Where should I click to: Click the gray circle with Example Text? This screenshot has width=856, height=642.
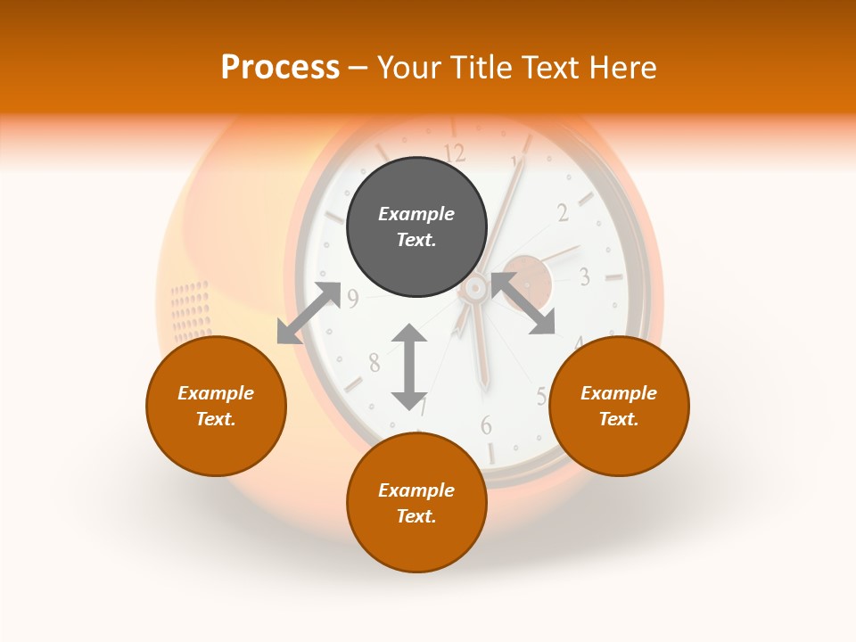pyautogui.click(x=416, y=226)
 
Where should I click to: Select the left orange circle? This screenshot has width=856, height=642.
pyautogui.click(x=216, y=406)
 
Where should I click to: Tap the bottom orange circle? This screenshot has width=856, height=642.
pyautogui.click(x=416, y=502)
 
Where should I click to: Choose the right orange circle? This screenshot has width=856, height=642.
pyautogui.click(x=619, y=406)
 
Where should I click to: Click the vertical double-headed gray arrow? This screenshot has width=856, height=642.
pyautogui.click(x=409, y=366)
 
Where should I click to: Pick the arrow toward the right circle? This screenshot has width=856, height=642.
pyautogui.click(x=523, y=304)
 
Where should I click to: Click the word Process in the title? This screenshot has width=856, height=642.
pyautogui.click(x=280, y=67)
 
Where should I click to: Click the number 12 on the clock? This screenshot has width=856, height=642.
pyautogui.click(x=454, y=152)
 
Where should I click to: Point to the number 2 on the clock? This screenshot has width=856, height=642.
pyautogui.click(x=563, y=212)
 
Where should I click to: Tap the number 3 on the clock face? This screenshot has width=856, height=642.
pyautogui.click(x=584, y=276)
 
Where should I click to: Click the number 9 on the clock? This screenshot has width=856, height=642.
pyautogui.click(x=353, y=299)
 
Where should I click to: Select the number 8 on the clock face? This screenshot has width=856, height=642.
pyautogui.click(x=374, y=362)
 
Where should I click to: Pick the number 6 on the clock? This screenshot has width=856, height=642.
pyautogui.click(x=486, y=425)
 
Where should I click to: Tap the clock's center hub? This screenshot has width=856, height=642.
pyautogui.click(x=474, y=287)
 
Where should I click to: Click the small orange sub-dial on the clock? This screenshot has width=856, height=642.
pyautogui.click(x=527, y=279)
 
